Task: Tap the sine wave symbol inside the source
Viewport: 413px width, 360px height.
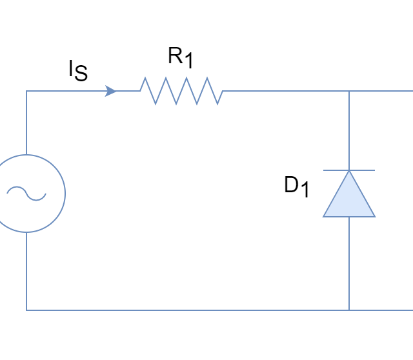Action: (x=26, y=193)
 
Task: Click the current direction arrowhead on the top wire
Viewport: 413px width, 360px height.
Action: (x=111, y=91)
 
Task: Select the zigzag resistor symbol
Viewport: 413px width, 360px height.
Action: (x=181, y=91)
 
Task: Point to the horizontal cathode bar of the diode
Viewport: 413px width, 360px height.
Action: (x=349, y=170)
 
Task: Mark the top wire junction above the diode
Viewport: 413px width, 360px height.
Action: (x=349, y=91)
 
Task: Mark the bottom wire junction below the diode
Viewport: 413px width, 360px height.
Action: (x=349, y=310)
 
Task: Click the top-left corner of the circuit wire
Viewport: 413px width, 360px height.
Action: (x=26, y=91)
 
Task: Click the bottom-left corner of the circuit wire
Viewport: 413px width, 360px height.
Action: (x=26, y=310)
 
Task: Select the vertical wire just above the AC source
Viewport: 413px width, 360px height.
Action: (x=26, y=123)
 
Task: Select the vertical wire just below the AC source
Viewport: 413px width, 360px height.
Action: (x=26, y=271)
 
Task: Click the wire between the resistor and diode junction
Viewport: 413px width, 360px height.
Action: (x=284, y=91)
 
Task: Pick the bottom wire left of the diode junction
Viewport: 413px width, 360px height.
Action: (x=187, y=310)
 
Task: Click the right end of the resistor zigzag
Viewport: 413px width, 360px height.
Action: (x=223, y=91)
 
